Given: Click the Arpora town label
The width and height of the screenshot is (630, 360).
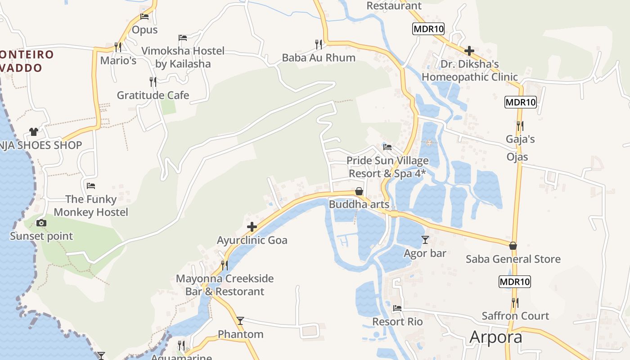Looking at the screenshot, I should click(x=496, y=337).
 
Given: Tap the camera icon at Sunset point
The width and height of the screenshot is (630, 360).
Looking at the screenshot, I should click(x=41, y=223).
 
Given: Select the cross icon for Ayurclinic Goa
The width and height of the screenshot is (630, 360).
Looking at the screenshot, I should click(x=252, y=227).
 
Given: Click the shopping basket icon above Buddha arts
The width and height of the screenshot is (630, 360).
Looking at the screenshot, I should click(x=359, y=191).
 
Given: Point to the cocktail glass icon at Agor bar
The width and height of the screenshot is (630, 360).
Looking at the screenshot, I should click(x=425, y=240).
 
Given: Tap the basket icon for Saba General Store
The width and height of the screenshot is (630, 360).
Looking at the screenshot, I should click(x=513, y=246).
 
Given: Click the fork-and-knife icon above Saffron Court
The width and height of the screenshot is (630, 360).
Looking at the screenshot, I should click(x=515, y=302).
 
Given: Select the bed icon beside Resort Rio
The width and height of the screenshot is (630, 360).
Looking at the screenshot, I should click(x=397, y=308).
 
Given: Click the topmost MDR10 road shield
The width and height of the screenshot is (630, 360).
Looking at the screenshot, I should click(x=428, y=29).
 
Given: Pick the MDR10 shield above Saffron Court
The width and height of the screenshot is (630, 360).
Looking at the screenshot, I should click(x=515, y=282).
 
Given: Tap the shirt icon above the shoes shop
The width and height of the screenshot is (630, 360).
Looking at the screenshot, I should click(x=34, y=132).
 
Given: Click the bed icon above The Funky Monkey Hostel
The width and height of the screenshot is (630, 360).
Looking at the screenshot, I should click(x=91, y=185).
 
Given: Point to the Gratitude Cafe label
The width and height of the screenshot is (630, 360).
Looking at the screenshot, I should click(x=153, y=95).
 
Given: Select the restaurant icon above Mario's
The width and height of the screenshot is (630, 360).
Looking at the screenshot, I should click(x=118, y=46).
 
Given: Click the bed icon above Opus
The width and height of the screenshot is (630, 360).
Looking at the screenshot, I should click(x=144, y=17).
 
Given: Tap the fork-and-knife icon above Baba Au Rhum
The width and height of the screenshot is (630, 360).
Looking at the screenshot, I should click(x=319, y=44).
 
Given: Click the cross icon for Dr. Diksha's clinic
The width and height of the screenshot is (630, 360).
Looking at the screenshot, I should click(x=469, y=50).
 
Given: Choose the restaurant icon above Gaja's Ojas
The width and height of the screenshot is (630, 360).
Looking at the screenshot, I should click(x=520, y=126).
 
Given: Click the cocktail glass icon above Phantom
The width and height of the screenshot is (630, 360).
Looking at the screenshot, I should click(x=240, y=320).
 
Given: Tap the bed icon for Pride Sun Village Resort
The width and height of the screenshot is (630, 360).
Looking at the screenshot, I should click(x=387, y=147).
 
